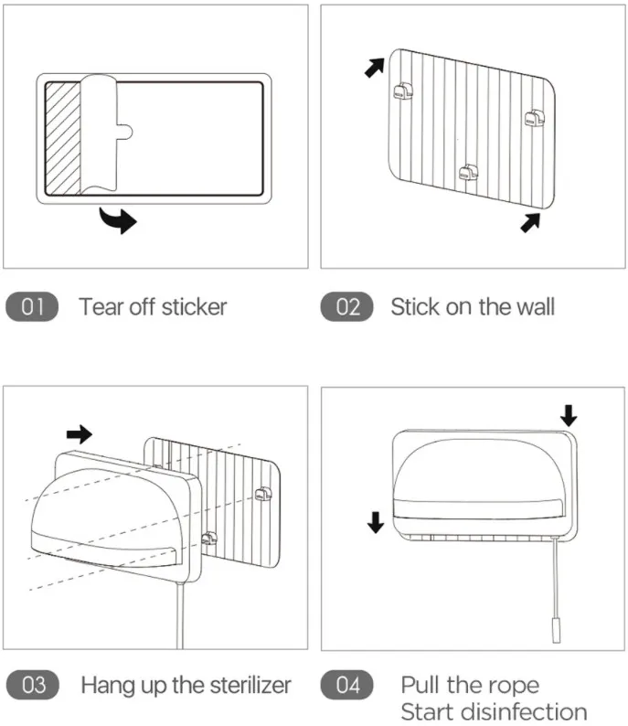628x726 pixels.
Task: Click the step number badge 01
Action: (32, 306)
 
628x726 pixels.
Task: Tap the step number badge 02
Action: (347, 306)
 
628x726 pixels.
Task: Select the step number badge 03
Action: (33, 685)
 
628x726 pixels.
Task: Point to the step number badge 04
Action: (347, 685)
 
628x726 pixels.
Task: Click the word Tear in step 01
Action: (100, 306)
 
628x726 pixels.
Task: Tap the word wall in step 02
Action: (530, 306)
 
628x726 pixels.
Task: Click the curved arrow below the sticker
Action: (118, 219)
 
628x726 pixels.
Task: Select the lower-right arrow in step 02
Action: (530, 221)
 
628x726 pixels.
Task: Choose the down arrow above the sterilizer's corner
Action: (569, 416)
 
